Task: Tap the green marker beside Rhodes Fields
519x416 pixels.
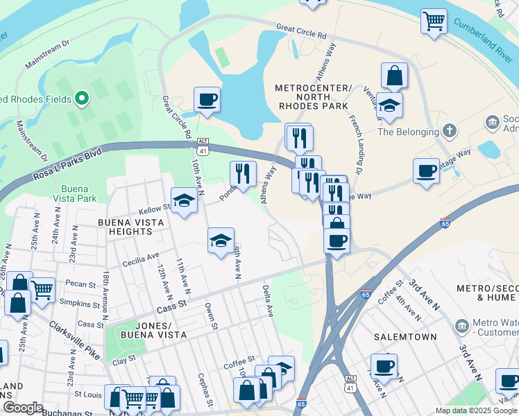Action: pyautogui.click(x=82, y=99)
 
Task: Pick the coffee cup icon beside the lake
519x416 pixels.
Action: pyautogui.click(x=207, y=99)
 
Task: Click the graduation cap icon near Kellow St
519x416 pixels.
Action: pyautogui.click(x=184, y=200)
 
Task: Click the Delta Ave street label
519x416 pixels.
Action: pyautogui.click(x=267, y=300)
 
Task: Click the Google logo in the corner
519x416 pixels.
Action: pyautogui.click(x=23, y=408)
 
